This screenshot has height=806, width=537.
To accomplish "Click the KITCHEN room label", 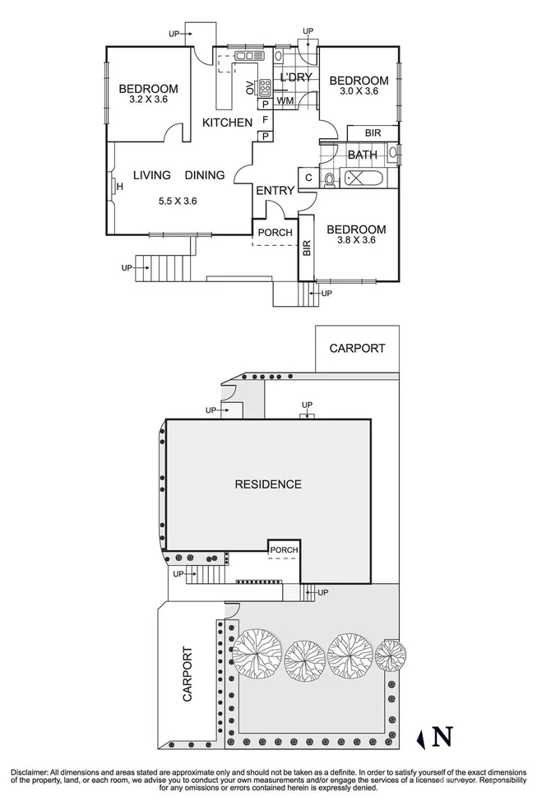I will [x=227, y=123].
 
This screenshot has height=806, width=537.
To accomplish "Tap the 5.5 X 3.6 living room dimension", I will [x=177, y=200].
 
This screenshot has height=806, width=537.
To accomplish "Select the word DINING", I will [x=205, y=175].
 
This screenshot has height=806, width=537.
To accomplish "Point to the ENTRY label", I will [x=275, y=191].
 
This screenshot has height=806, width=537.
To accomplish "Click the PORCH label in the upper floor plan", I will [x=275, y=233].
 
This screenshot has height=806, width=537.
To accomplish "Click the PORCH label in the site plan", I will [x=285, y=550].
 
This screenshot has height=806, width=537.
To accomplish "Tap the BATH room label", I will [x=362, y=155].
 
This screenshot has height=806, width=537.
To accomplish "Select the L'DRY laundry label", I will [x=294, y=78].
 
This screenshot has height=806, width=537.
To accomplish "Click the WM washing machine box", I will [x=285, y=101].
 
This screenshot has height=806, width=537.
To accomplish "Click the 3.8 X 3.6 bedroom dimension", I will [x=356, y=241].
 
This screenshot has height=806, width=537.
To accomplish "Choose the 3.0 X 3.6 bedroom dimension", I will [x=359, y=91].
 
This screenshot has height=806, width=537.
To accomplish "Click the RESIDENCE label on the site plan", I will [x=268, y=484].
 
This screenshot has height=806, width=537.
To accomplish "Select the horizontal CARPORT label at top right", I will [x=357, y=348].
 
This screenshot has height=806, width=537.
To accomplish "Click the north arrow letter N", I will [x=442, y=737].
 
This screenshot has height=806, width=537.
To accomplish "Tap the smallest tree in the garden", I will [x=391, y=655].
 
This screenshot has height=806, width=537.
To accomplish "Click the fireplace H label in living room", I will [x=120, y=187].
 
